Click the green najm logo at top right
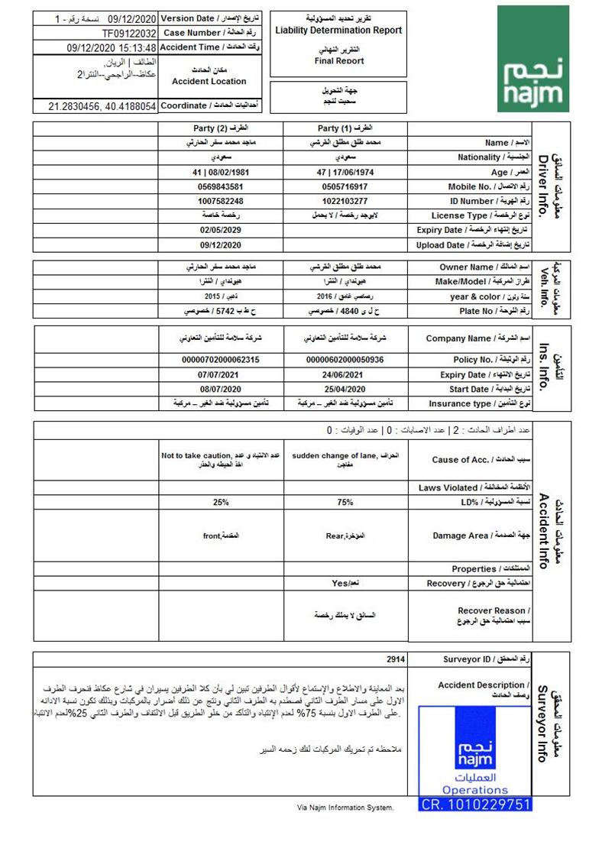pyautogui.click(x=532, y=59)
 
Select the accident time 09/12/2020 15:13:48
pyautogui.click(x=112, y=47)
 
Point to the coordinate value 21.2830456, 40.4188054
pyautogui.click(x=102, y=106)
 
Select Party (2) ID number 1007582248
pyautogui.click(x=221, y=201)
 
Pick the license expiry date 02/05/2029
pyautogui.click(x=221, y=230)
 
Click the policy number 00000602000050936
pyautogui.click(x=345, y=359)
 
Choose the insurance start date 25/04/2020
pyautogui.click(x=345, y=389)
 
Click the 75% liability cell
pyautogui.click(x=345, y=503)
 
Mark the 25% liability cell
pyautogui.click(x=221, y=503)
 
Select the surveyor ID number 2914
pyautogui.click(x=396, y=659)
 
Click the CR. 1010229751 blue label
pyautogui.click(x=475, y=804)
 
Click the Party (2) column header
pyautogui.click(x=221, y=128)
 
